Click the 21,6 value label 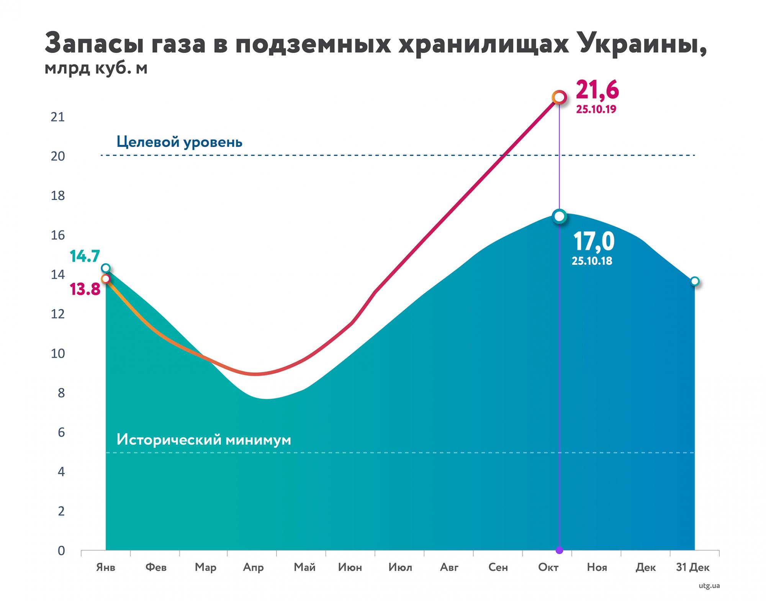click(x=597, y=90)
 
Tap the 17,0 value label click(x=593, y=241)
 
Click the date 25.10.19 click(x=596, y=110)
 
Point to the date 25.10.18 click(x=592, y=261)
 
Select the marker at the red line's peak click(x=559, y=97)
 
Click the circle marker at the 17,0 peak click(x=559, y=216)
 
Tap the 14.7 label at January click(x=85, y=256)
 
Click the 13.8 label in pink click(x=85, y=290)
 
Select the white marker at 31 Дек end click(x=694, y=282)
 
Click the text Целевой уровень click(x=179, y=142)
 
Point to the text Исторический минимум click(x=204, y=439)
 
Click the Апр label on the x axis click(x=253, y=567)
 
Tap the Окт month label click(x=548, y=567)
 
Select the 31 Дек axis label click(x=692, y=567)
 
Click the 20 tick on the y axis click(x=58, y=156)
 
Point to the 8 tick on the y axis click(x=61, y=393)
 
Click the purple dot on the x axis click(x=559, y=550)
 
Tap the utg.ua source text click(x=709, y=586)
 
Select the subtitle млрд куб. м click(x=96, y=69)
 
